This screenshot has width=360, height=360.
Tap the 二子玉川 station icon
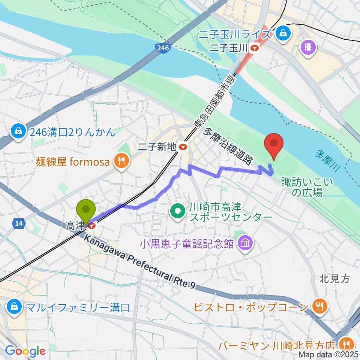coord(255,48)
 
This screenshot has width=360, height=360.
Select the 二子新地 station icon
coord(183,147)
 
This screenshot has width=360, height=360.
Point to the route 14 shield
coord(18,224)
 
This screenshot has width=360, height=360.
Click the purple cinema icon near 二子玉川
coord(308,47)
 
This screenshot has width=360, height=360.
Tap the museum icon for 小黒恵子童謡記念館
coord(246,244)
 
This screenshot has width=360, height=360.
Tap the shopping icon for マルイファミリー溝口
coord(14,308)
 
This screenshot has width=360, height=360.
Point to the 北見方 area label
coord(334,279)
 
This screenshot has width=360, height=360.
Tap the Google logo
coord(25,351)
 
